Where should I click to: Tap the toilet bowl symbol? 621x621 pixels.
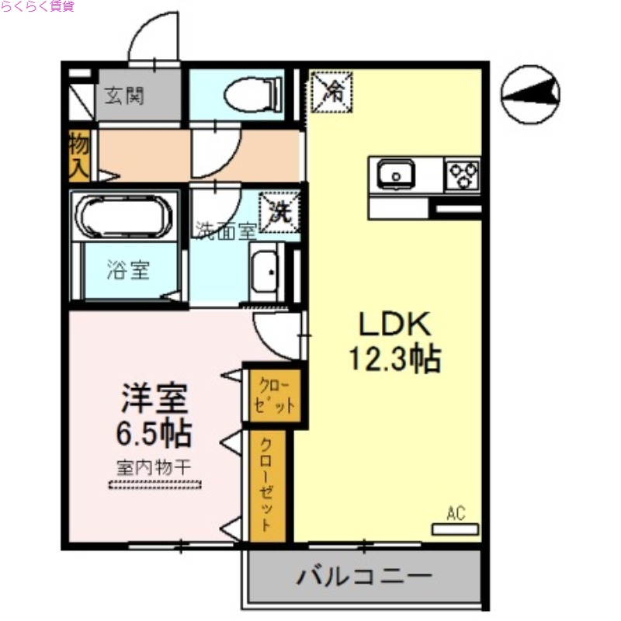(x=252, y=95)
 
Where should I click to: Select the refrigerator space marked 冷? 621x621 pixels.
(x=331, y=91)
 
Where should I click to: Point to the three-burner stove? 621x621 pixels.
(x=462, y=174)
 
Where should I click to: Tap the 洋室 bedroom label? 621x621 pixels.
(x=153, y=400)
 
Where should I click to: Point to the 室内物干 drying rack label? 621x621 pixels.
(x=154, y=468)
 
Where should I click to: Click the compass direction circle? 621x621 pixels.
(x=531, y=93)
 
